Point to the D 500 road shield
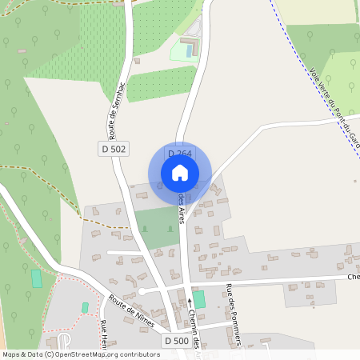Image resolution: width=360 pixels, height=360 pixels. (x=176, y=342)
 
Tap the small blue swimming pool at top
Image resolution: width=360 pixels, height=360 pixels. (x=190, y=50)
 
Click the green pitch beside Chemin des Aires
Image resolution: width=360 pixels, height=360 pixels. (x=199, y=298)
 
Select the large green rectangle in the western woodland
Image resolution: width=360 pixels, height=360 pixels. (x=36, y=279)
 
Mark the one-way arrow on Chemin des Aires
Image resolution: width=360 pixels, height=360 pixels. (x=190, y=302)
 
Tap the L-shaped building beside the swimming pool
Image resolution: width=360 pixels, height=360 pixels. (x=190, y=40)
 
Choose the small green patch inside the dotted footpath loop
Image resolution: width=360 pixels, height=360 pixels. (x=85, y=307)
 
